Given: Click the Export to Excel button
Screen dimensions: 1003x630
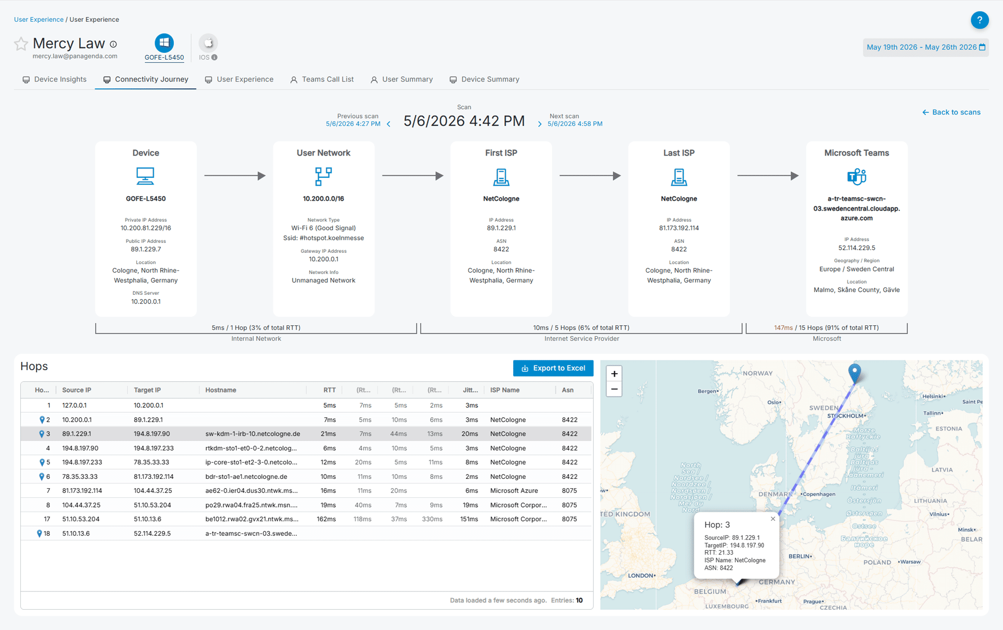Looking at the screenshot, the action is coord(553,368).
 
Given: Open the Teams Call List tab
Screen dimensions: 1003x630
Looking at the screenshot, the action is coord(322,79).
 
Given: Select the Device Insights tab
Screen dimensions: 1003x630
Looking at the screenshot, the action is coord(54,79).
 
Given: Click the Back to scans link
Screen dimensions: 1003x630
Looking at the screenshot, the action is coord(951,112).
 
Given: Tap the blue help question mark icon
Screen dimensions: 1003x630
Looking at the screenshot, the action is coord(979,20).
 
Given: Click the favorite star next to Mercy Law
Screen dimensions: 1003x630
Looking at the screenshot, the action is coord(21,44).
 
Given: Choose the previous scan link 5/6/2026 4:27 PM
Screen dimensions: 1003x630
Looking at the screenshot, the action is coord(353,124).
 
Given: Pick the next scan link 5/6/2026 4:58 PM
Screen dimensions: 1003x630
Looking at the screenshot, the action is coord(575,124).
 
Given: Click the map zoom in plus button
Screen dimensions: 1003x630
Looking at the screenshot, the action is coord(614,374).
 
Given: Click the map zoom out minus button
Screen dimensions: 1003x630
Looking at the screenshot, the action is coord(614,389).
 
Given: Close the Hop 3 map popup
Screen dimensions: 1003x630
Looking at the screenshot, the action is coord(773,519).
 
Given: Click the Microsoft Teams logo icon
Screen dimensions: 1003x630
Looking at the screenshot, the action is coord(857,176).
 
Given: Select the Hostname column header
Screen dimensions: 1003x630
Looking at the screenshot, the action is coord(221,390).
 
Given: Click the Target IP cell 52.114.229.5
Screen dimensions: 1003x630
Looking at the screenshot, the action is coord(152,533).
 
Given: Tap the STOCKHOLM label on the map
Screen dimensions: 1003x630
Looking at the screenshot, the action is coord(846,416).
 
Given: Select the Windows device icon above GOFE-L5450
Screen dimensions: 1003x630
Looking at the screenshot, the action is coord(164,43).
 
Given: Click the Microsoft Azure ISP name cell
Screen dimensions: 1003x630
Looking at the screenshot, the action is coord(514,491).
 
